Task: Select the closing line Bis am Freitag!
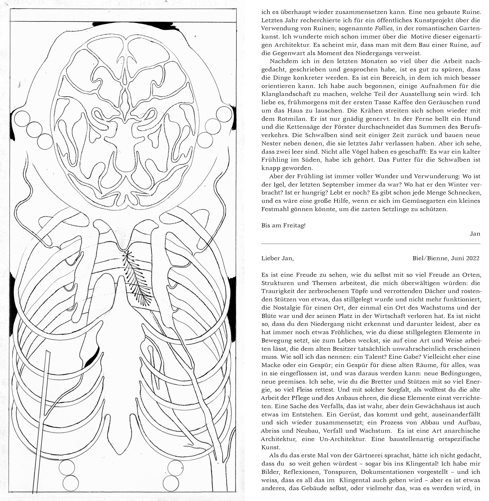pyautogui.click(x=283, y=226)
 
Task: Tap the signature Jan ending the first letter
pyautogui.click(x=475, y=234)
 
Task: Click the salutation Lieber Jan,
pyautogui.click(x=277, y=258)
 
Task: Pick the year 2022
pyautogui.click(x=472, y=258)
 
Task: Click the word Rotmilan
pyautogui.click(x=286, y=119)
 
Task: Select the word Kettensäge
pyautogui.click(x=310, y=127)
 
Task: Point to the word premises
pyautogui.click(x=288, y=382)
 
